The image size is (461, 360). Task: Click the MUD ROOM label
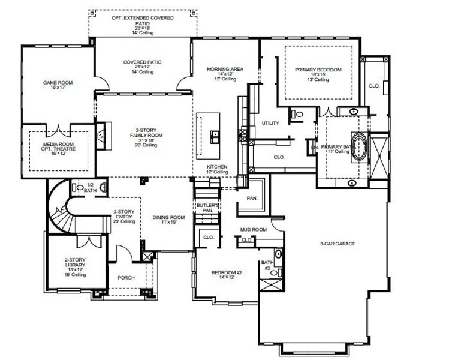tap(253, 230)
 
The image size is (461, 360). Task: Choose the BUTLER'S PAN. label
tap(207, 208)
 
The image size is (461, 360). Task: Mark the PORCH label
tap(126, 277)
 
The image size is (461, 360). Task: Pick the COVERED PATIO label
tap(142, 66)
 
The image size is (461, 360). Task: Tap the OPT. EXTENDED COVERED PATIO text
tap(143, 23)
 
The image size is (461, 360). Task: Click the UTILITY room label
tap(270, 123)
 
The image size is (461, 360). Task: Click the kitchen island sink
tap(213, 137)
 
